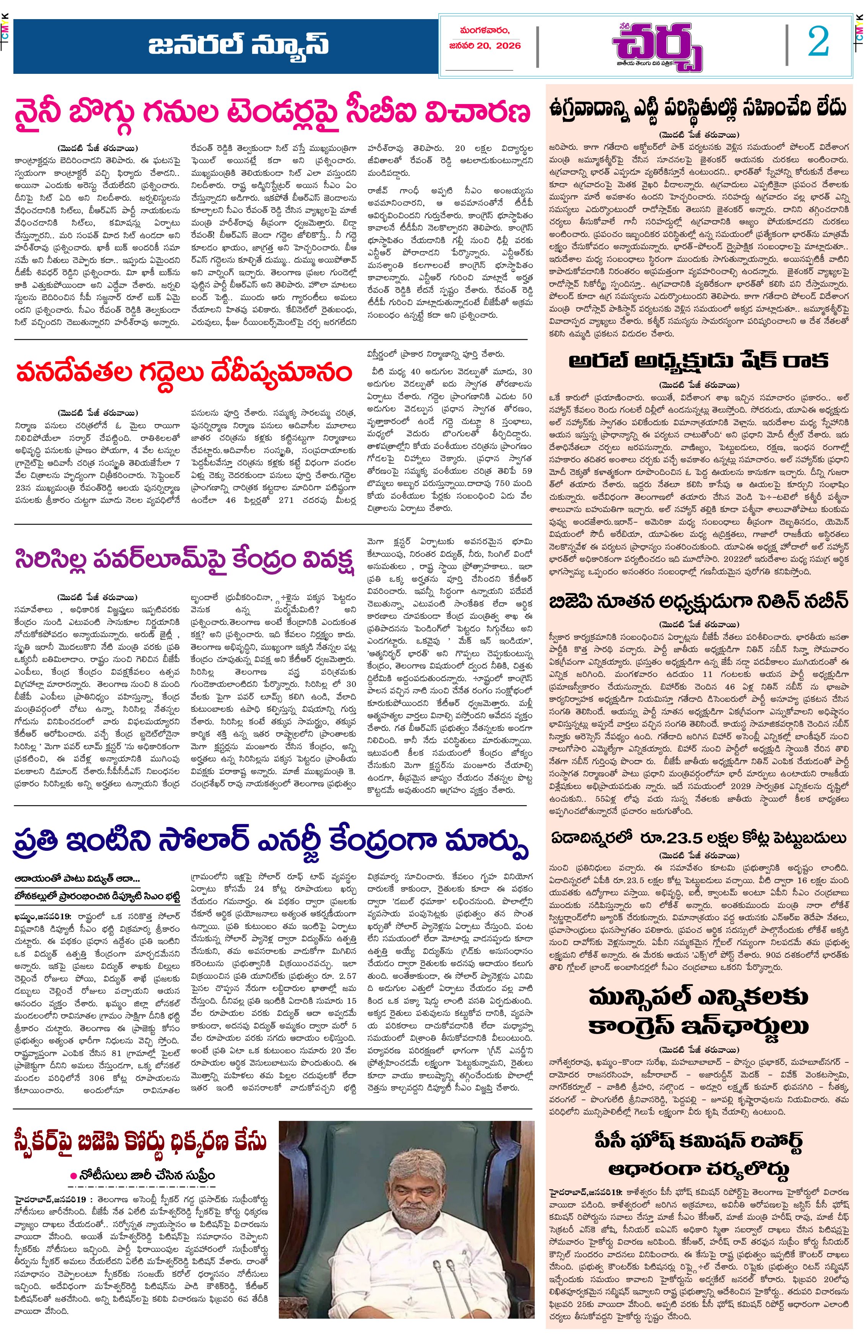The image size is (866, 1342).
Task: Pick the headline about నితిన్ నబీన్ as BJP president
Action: pyautogui.click(x=698, y=602)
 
